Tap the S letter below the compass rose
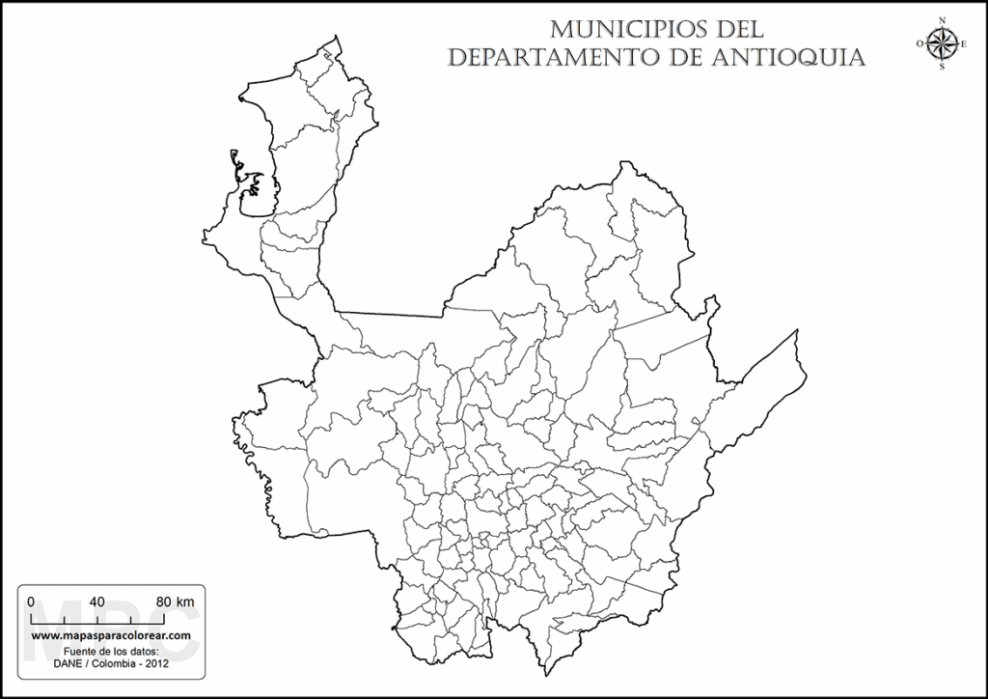(x=941, y=67)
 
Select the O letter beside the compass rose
(x=919, y=42)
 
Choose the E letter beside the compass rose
(x=962, y=42)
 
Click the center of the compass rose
(x=941, y=42)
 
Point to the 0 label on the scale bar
(x=31, y=601)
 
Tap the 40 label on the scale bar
(x=96, y=601)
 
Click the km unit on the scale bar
(x=185, y=601)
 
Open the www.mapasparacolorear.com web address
(x=110, y=637)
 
